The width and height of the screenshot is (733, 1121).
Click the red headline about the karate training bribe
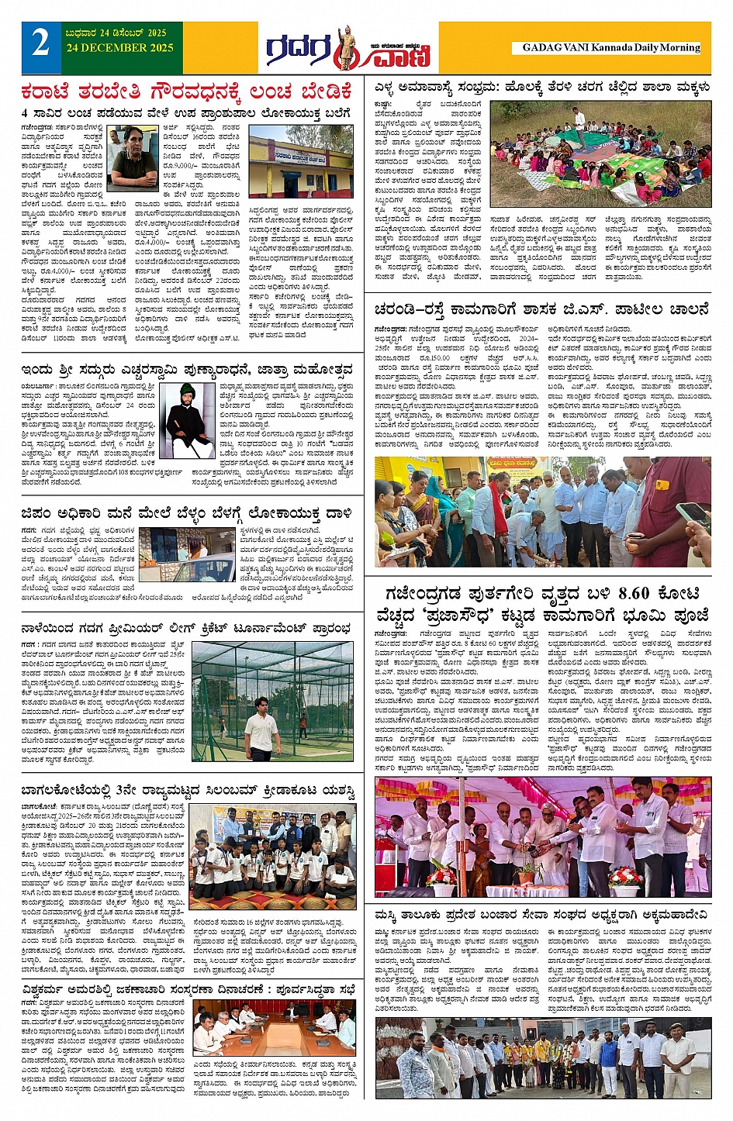(x=188, y=91)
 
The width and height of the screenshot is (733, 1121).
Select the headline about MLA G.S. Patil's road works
(x=541, y=309)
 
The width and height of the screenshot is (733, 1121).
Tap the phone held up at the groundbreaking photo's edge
(x=693, y=515)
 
